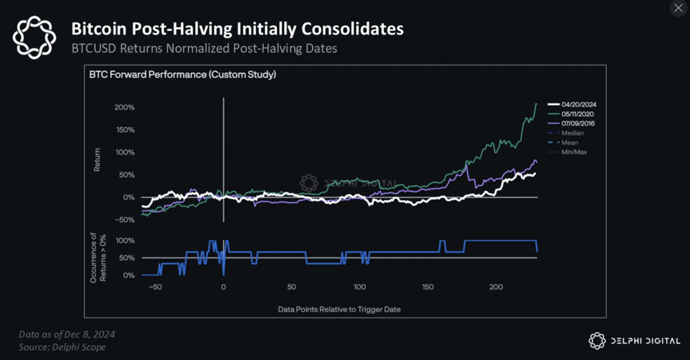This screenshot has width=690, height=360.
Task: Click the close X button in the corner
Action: (x=678, y=8)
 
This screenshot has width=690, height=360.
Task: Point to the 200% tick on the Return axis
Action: (x=124, y=107)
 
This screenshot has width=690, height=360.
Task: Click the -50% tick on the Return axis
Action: (x=125, y=220)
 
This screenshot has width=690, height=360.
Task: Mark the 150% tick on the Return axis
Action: (x=125, y=130)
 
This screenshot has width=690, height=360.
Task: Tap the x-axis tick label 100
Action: (x=360, y=287)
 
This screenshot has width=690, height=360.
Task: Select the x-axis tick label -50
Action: (x=155, y=287)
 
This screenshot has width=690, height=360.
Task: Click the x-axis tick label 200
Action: (x=496, y=287)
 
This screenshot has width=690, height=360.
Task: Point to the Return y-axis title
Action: (x=97, y=160)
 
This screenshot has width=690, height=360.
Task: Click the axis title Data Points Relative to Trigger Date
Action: (x=339, y=309)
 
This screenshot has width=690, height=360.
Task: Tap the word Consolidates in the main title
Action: (x=352, y=29)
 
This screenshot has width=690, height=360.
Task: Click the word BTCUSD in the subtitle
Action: (x=94, y=48)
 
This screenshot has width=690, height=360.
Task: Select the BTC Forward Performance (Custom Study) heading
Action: (x=182, y=74)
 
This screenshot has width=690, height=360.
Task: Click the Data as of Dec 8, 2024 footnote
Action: (x=67, y=334)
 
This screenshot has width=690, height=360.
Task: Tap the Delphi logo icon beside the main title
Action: (x=34, y=38)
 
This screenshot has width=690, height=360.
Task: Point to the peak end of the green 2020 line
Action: (x=536, y=104)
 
